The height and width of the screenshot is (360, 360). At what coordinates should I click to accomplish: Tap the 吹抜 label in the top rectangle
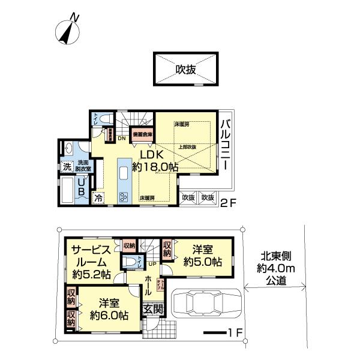(x=186, y=70)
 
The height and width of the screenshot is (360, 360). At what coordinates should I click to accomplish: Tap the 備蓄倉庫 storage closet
(x=142, y=134)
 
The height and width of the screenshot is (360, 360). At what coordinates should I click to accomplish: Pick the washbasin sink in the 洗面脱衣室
(x=68, y=149)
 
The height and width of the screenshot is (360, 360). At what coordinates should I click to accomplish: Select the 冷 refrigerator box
(x=98, y=196)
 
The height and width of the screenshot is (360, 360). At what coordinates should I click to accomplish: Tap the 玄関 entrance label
(x=153, y=310)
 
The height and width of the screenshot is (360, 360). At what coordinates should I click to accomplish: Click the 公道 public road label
(x=277, y=281)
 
